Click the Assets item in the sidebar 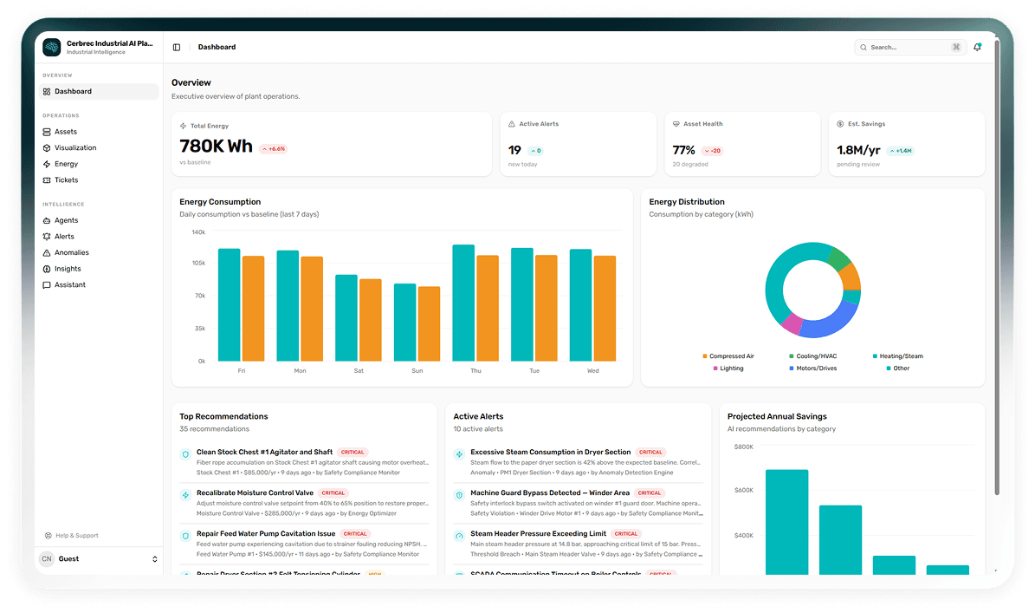click(x=66, y=132)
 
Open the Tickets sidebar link click(x=66, y=180)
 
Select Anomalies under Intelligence click(x=71, y=252)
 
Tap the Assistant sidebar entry click(x=70, y=285)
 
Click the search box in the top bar click(x=905, y=48)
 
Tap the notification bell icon click(x=977, y=48)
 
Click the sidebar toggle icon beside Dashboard click(x=177, y=48)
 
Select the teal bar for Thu click(x=463, y=303)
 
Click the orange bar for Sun click(x=429, y=323)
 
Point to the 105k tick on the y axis click(x=198, y=263)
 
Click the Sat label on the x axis click(x=359, y=371)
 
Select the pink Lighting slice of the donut click(x=792, y=323)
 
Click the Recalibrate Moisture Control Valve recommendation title click(x=255, y=492)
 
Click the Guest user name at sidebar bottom click(x=68, y=559)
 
